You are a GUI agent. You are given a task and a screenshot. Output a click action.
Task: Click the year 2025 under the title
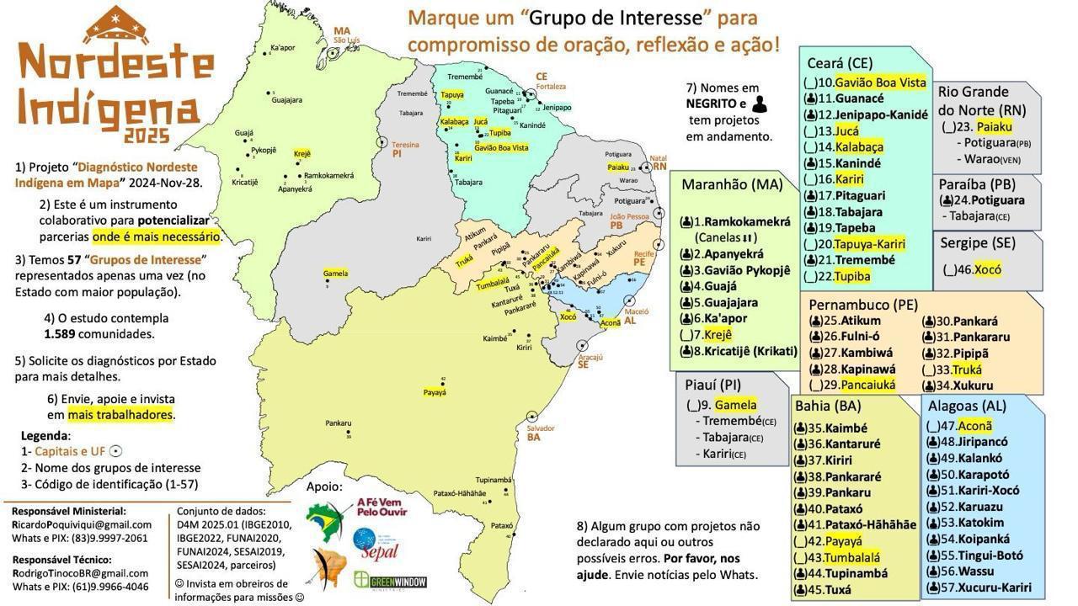point(147,136)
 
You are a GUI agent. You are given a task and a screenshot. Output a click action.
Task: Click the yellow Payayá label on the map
point(435,392)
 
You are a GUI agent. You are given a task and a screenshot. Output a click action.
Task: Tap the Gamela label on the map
point(335,274)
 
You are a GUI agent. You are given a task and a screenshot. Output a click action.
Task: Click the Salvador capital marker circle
point(533,417)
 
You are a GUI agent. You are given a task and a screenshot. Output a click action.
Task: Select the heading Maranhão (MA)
point(732,184)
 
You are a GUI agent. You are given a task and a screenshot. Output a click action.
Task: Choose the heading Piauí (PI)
point(712,385)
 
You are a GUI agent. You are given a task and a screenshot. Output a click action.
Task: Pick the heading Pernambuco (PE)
point(863,305)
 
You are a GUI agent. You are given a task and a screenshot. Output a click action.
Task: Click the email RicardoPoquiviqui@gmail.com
point(82,524)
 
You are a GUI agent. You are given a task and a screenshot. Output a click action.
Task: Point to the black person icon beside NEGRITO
point(760,104)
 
